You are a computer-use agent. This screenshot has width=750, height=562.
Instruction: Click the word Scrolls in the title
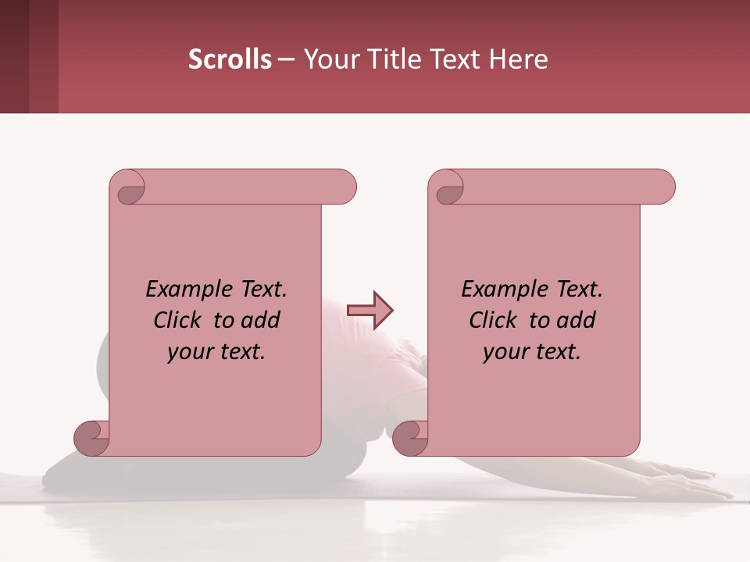[230, 59]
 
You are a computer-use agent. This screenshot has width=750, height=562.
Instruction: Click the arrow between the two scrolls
[370, 311]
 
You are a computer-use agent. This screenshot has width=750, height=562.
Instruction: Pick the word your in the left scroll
[189, 352]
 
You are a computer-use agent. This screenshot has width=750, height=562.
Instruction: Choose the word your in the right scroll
[505, 352]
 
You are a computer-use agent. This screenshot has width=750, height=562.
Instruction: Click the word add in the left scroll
[261, 320]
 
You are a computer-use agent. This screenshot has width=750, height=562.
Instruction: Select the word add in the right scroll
[577, 320]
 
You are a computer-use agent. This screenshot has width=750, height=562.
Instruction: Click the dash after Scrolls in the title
[286, 59]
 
